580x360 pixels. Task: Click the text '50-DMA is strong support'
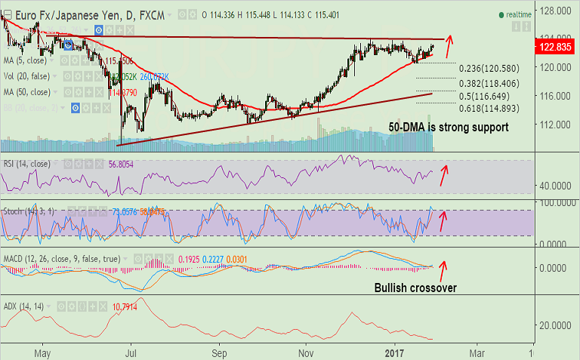(x=448, y=128)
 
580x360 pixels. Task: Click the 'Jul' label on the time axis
(x=131, y=351)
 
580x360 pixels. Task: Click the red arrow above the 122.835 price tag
(x=450, y=40)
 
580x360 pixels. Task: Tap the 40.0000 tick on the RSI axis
(x=554, y=186)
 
